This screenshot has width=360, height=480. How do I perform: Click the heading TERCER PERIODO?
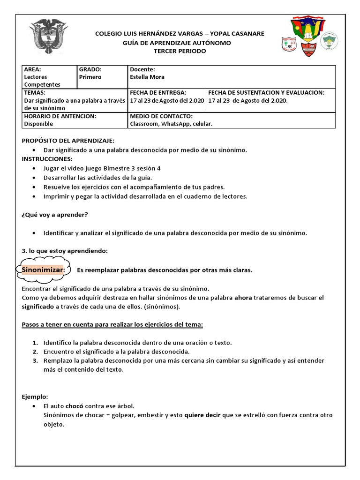click(x=180, y=51)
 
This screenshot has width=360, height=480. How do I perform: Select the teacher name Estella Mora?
click(x=147, y=77)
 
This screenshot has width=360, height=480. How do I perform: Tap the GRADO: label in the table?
click(x=90, y=69)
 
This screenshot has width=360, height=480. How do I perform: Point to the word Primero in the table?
click(x=90, y=77)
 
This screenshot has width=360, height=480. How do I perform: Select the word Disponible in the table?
click(x=38, y=124)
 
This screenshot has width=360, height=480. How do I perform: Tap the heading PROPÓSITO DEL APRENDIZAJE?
click(x=68, y=141)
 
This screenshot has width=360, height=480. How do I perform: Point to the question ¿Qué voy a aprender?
click(x=55, y=215)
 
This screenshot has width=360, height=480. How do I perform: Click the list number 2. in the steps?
click(x=35, y=352)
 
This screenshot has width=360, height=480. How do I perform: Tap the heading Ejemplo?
click(x=35, y=397)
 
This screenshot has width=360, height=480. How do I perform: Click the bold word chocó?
click(x=75, y=406)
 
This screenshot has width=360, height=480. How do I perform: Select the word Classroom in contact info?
click(x=144, y=124)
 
